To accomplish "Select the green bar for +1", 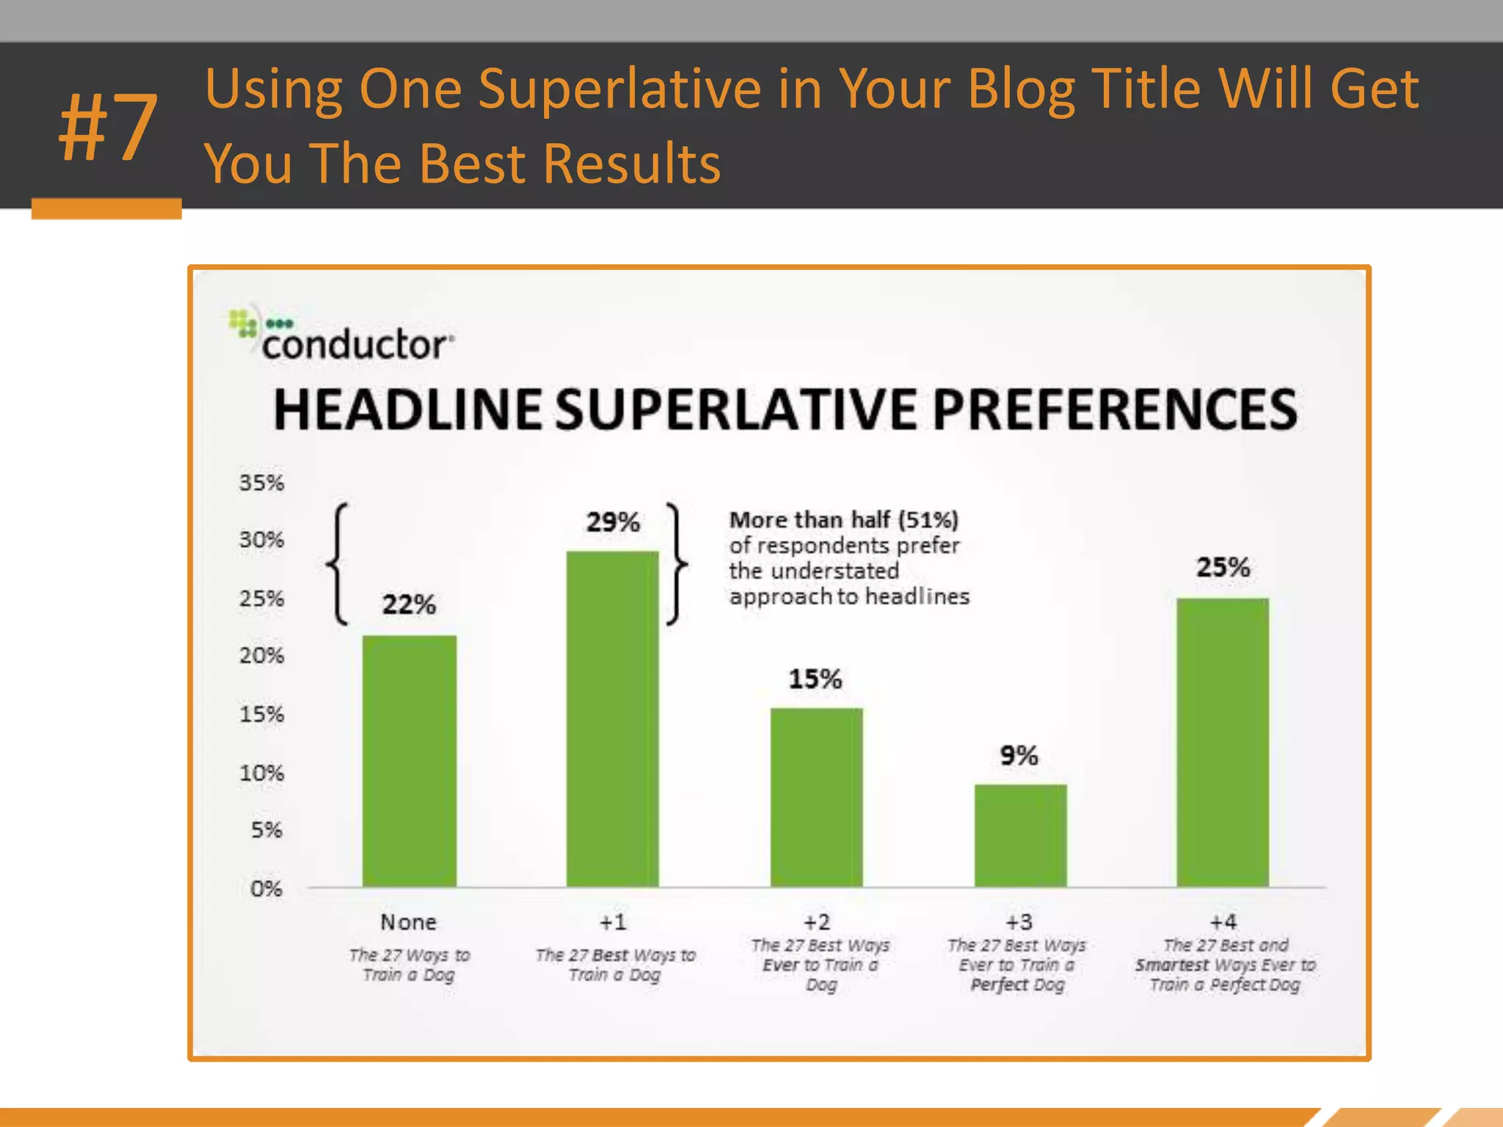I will (612, 719).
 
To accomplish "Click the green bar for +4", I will (1223, 742).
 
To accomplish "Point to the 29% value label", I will (613, 522).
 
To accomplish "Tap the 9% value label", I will (1019, 756).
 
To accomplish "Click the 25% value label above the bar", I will (1223, 567).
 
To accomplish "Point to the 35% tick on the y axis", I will (261, 483).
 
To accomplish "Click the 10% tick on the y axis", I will (261, 773).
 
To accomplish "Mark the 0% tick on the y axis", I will (266, 889).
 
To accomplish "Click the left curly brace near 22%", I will (337, 563).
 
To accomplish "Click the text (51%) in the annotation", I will (928, 520).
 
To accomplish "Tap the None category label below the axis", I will (408, 922).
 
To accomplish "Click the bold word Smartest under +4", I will (1171, 965).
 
